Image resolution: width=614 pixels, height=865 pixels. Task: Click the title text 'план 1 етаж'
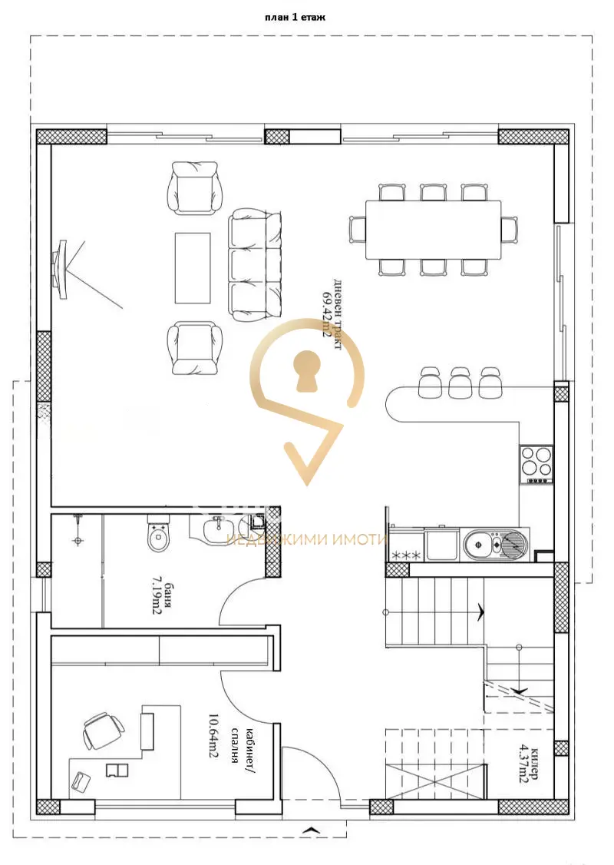pyautogui.click(x=295, y=17)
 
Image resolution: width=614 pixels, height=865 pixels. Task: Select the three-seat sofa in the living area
pyautogui.click(x=256, y=265)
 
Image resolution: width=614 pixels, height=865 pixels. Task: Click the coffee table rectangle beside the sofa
pyautogui.click(x=193, y=268)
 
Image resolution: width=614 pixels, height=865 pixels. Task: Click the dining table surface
pyautogui.click(x=433, y=230)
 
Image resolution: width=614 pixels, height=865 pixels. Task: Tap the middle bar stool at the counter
pyautogui.click(x=460, y=382)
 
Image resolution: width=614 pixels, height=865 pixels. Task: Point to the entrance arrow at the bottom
pyautogui.click(x=312, y=829)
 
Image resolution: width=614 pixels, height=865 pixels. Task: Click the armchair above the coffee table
pyautogui.click(x=195, y=187)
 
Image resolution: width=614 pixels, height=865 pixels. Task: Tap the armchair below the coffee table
pyautogui.click(x=195, y=349)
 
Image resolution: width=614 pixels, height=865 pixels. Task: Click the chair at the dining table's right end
pyautogui.click(x=510, y=230)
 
